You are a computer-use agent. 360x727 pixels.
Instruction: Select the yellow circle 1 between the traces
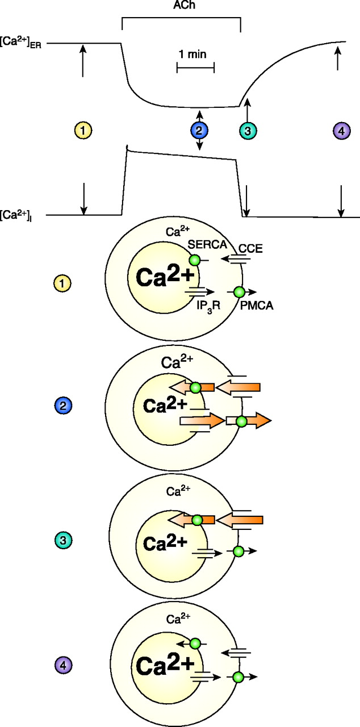tap(83, 131)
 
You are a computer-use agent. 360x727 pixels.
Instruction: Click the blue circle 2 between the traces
tap(199, 131)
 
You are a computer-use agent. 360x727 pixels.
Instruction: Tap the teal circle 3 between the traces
tap(248, 131)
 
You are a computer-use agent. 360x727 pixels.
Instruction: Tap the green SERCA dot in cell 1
tap(195, 260)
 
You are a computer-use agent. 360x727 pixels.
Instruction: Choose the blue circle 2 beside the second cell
tap(61, 405)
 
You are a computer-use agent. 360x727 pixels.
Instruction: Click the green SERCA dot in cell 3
tap(196, 520)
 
